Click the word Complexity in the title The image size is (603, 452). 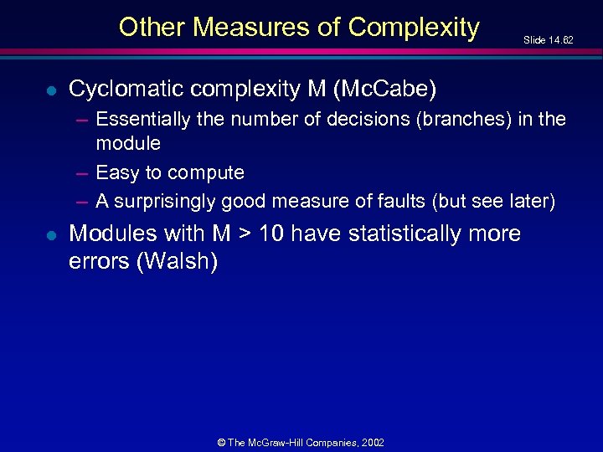(x=414, y=28)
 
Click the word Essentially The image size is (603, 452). (x=143, y=120)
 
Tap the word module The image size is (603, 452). (x=128, y=144)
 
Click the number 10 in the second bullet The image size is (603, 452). (x=272, y=234)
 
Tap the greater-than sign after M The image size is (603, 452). (x=243, y=234)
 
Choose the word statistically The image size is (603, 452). (x=401, y=234)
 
